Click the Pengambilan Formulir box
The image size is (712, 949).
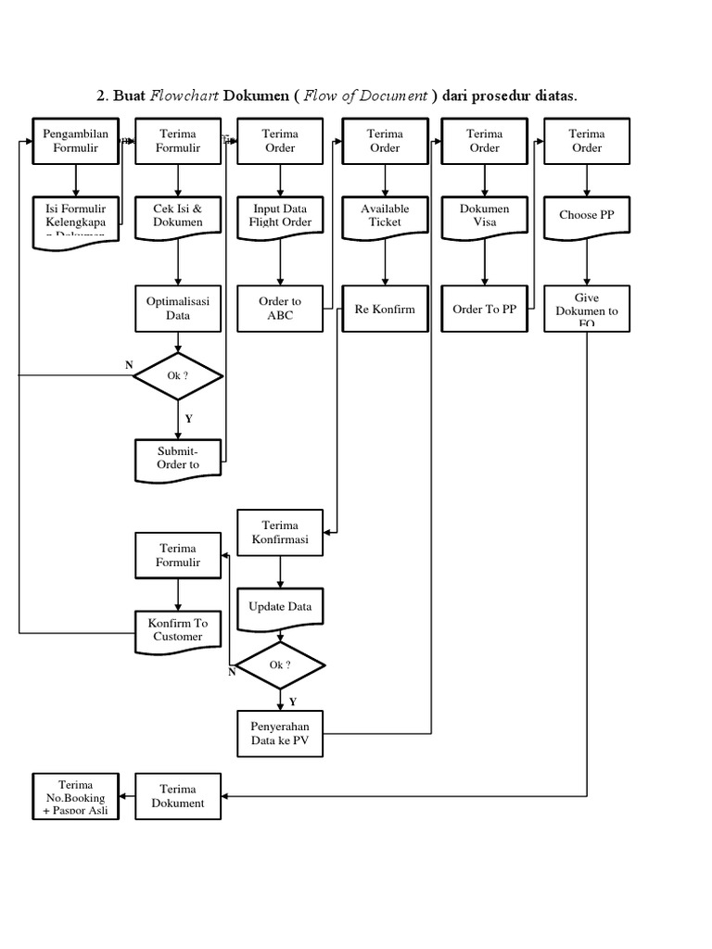pyautogui.click(x=76, y=141)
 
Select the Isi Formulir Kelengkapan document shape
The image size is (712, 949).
pyautogui.click(x=76, y=221)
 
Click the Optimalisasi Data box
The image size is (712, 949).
pyautogui.click(x=178, y=308)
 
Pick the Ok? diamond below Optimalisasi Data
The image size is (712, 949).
pyautogui.click(x=178, y=375)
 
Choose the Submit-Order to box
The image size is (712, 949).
pyautogui.click(x=178, y=458)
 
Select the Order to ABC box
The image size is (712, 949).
pyautogui.click(x=279, y=308)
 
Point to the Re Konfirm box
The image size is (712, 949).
pyautogui.click(x=385, y=309)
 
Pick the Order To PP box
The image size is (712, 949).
pyautogui.click(x=484, y=309)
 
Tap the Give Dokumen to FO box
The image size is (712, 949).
pyautogui.click(x=586, y=309)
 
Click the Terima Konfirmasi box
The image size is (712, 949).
pyautogui.click(x=280, y=532)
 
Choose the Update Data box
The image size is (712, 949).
pyautogui.click(x=280, y=608)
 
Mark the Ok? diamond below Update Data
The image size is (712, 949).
pyautogui.click(x=280, y=664)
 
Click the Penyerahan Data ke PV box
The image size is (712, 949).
pyautogui.click(x=280, y=733)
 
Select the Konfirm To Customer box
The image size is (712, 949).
pyautogui.click(x=178, y=629)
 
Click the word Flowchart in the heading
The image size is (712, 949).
pyautogui.click(x=181, y=95)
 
